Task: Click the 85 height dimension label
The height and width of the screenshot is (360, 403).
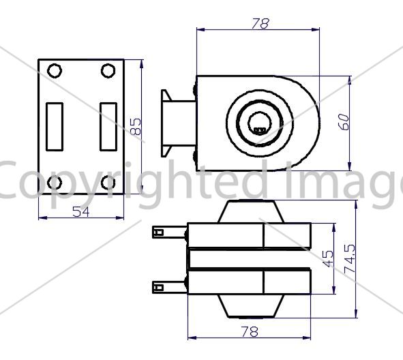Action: pos(136,127)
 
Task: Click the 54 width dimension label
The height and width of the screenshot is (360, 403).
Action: pos(81,212)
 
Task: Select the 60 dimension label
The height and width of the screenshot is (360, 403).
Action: pos(344,122)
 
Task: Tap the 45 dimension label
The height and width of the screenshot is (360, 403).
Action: pos(327,258)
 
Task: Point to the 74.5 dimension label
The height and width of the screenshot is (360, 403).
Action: pos(350,258)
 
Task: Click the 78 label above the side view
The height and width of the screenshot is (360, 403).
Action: pos(260,23)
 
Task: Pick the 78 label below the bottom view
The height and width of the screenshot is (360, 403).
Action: pos(250,331)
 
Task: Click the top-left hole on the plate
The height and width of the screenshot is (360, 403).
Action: pos(55,71)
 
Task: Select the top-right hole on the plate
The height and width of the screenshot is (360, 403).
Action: pos(108,71)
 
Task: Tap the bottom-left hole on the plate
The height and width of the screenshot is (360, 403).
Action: pos(55,183)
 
